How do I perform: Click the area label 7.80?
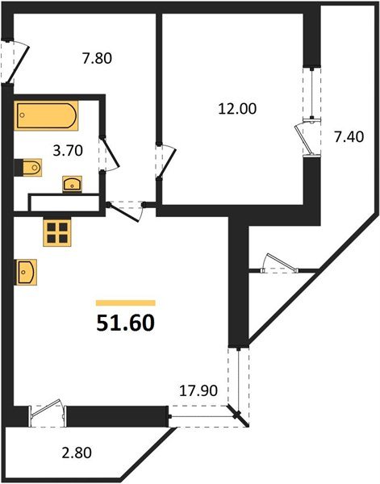pyautogui.click(x=96, y=58)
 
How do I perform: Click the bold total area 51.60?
pyautogui.click(x=125, y=322)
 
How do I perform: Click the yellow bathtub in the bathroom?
pyautogui.click(x=47, y=115)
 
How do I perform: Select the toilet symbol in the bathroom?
pyautogui.click(x=28, y=167)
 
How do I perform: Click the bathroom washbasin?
pyautogui.click(x=72, y=183)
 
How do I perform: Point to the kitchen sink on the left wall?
pyautogui.click(x=24, y=272)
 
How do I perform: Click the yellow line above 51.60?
pyautogui.click(x=125, y=302)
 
